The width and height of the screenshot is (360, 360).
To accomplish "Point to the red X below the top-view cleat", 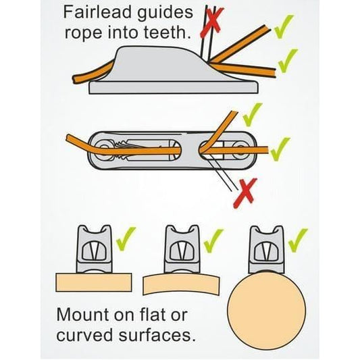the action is tap(245, 193).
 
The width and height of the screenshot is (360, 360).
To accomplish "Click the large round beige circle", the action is tap(267, 311).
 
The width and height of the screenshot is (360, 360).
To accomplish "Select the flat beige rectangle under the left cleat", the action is tap(94, 282).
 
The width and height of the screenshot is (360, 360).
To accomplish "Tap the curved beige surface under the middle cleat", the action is tap(181, 283).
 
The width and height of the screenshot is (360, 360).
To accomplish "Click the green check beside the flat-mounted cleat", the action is tap(126, 239).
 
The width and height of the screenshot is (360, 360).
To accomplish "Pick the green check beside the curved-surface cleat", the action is tap(213, 240).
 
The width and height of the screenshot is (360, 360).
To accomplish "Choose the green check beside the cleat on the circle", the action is tap(298, 240).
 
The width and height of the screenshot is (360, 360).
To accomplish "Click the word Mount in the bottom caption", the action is tap(82, 315).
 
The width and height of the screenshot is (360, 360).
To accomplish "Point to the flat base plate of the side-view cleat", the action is tap(174, 88).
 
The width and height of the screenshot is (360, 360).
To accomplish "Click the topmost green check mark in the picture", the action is tap(284, 26).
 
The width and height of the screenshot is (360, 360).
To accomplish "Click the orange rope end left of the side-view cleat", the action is tap(75, 79).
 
